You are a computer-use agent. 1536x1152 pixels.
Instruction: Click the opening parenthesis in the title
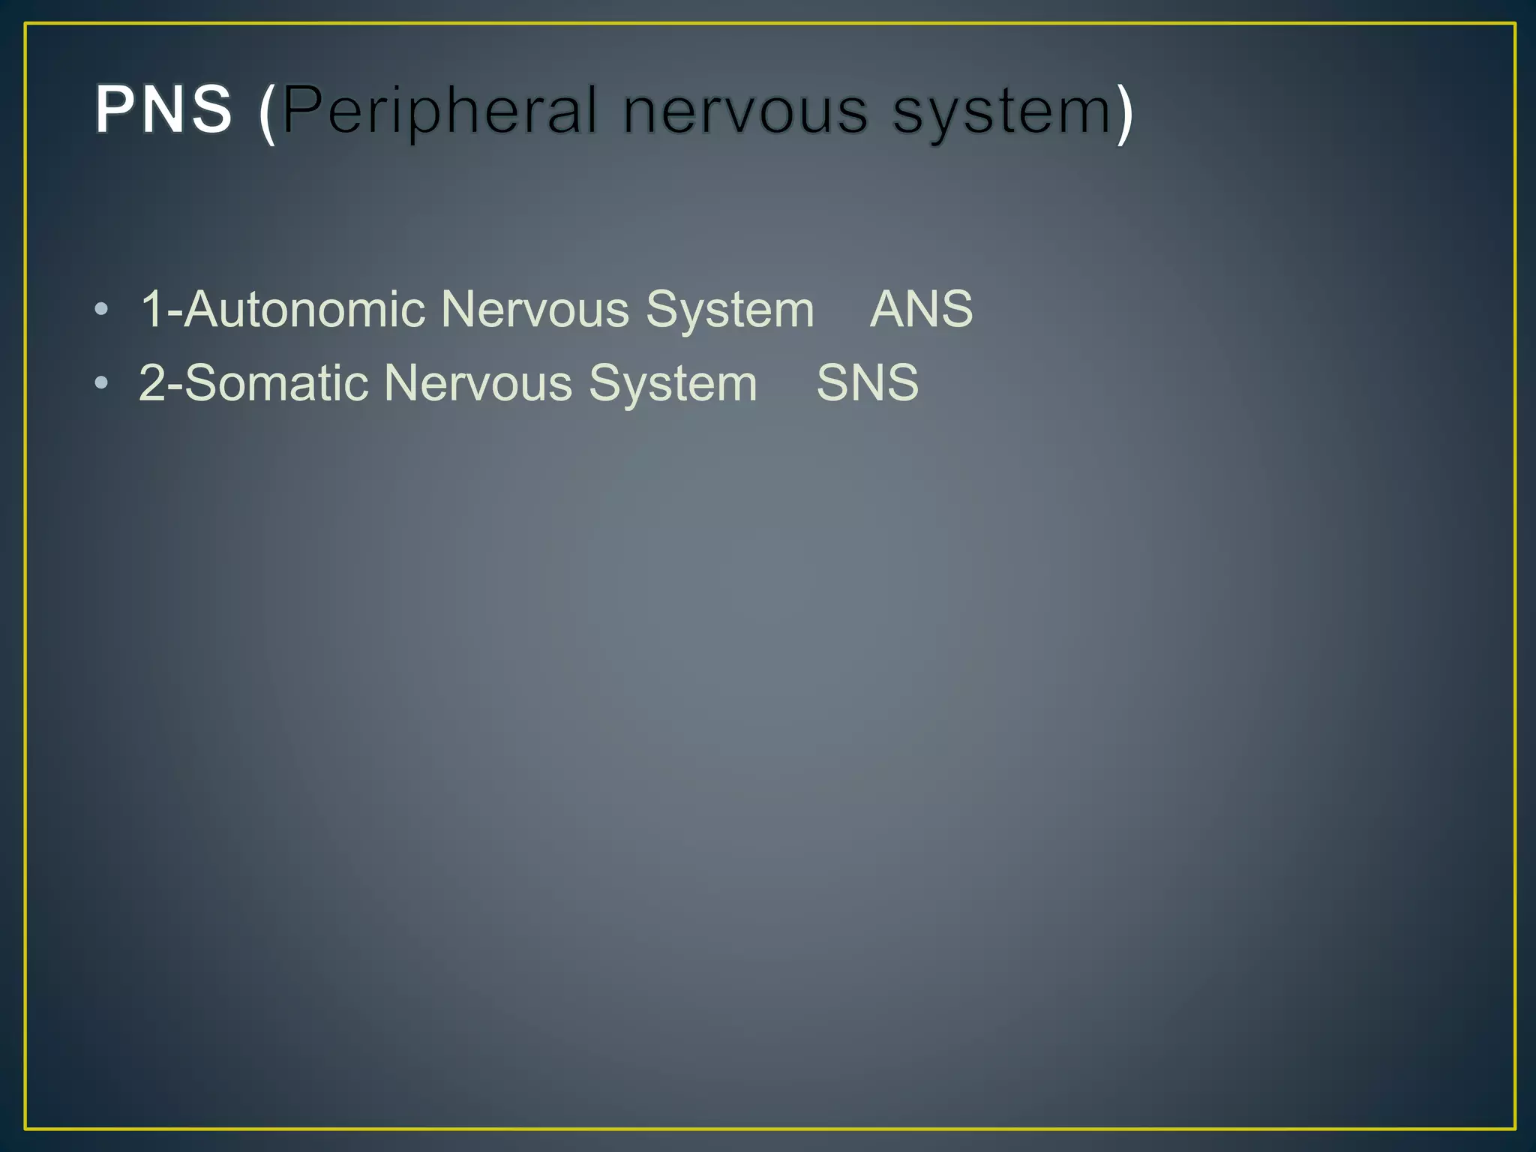[x=267, y=112]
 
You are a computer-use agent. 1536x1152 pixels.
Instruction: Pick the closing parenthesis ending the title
[x=1125, y=112]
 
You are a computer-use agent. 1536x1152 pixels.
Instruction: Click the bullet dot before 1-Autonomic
[x=102, y=310]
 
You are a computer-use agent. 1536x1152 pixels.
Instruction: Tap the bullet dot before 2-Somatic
[x=102, y=384]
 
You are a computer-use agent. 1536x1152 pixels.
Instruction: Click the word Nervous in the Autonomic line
[x=535, y=309]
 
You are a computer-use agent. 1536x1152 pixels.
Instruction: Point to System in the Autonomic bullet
[x=730, y=310]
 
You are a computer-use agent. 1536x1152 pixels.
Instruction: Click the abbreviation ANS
[x=921, y=309]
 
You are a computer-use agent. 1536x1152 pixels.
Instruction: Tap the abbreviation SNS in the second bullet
[x=867, y=383]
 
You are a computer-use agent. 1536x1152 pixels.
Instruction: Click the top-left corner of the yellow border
[x=26, y=24]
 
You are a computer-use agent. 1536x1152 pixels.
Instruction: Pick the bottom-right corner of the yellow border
[x=1515, y=1128]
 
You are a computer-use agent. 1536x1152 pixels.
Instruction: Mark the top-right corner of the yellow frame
[x=1515, y=24]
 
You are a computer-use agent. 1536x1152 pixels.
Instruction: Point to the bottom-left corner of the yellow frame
[x=26, y=1128]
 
